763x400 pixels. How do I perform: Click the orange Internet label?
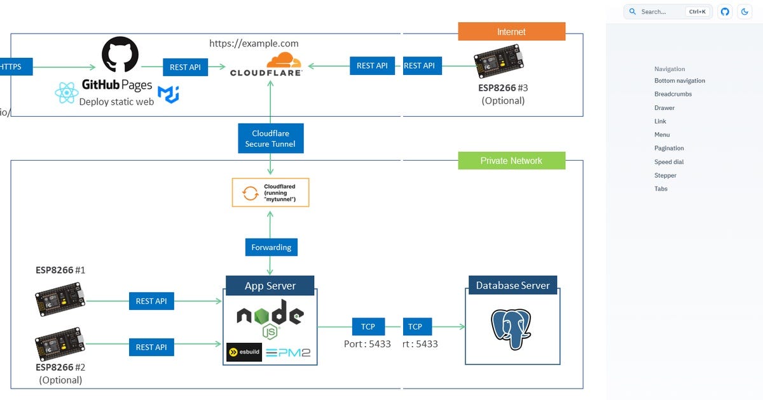511,32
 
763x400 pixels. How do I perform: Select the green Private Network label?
511,161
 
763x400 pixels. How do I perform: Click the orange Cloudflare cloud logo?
284,61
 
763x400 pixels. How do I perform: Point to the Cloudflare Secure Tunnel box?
270,138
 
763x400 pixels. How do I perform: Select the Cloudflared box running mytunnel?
271,192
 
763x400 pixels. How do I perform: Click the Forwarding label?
271,247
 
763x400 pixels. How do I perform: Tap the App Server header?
270,286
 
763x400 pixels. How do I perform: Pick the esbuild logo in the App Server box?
244,352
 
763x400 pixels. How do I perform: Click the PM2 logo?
289,352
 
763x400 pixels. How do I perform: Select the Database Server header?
512,285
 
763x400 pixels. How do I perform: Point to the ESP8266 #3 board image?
498,62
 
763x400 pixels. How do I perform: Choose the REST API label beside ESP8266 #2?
151,347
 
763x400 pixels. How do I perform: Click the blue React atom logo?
66,93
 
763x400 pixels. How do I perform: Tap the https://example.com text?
254,43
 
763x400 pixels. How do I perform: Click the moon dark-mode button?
745,11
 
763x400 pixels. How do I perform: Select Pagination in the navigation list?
669,148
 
